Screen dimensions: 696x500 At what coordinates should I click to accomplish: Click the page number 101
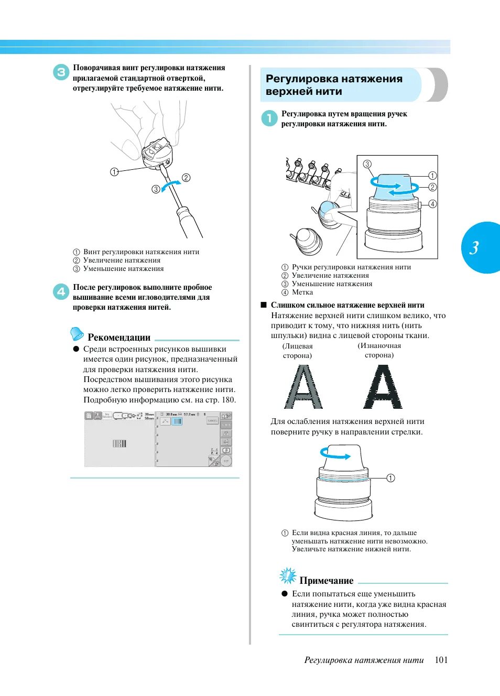[441, 660]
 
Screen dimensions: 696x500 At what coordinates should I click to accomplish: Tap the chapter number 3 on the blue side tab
[474, 247]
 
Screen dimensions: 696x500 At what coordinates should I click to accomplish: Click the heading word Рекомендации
[119, 338]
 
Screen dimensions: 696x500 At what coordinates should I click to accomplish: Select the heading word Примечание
[327, 581]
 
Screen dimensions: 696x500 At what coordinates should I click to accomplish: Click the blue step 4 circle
[61, 291]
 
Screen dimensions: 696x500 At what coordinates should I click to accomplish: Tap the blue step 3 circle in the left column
[61, 72]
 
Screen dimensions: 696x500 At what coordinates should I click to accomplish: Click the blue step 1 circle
[269, 118]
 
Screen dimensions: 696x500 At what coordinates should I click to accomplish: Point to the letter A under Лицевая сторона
[303, 387]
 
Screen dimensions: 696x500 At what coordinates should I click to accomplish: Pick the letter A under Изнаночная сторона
[383, 387]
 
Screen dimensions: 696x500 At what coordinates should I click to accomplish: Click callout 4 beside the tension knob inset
[432, 204]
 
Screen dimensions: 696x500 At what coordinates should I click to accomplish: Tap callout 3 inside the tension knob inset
[367, 164]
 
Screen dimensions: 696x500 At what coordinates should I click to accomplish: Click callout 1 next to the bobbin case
[114, 171]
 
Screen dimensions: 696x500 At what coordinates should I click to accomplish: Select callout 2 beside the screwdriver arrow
[186, 178]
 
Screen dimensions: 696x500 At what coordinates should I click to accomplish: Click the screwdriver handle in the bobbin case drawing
[190, 221]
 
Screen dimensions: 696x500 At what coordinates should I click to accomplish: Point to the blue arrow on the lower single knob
[335, 454]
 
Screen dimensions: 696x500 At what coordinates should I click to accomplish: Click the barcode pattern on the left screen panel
[119, 444]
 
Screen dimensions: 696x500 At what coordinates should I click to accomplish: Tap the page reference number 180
[229, 400]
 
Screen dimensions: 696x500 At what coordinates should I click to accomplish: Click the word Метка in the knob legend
[302, 292]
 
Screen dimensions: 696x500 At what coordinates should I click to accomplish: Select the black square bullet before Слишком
[264, 304]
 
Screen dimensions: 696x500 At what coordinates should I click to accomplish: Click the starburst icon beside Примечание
[288, 576]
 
